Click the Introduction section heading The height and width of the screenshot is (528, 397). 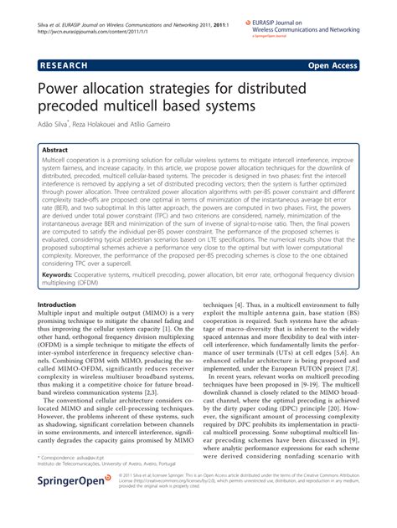pyautogui.click(x=63, y=305)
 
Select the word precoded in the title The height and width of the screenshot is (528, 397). pyautogui.click(x=80, y=108)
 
